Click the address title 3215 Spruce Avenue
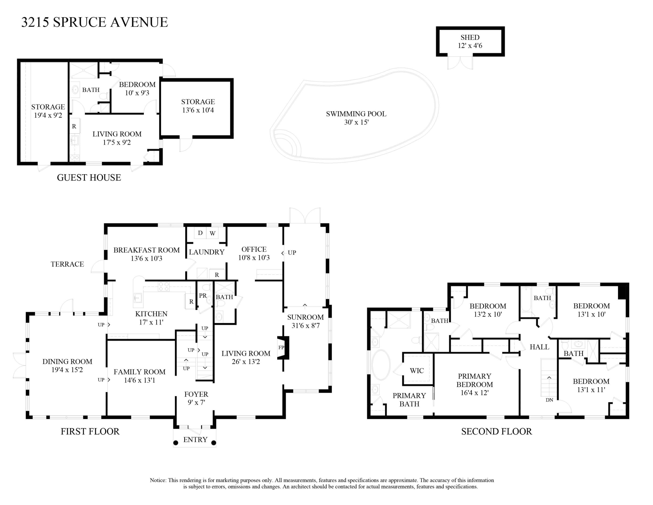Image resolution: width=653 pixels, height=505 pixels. coord(94,22)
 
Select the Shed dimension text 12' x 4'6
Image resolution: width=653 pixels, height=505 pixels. coord(470,46)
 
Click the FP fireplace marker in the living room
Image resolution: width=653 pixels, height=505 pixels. coord(281,347)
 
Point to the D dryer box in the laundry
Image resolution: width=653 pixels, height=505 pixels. coord(200,233)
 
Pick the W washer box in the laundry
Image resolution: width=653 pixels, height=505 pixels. coord(213,233)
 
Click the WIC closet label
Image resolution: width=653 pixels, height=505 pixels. coord(417,371)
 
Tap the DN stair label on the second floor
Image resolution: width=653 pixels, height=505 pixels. coord(549,400)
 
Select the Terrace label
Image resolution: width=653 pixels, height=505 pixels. coord(67,264)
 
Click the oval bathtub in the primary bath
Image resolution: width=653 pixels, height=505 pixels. coord(381,365)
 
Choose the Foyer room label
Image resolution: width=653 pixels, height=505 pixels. coord(196,394)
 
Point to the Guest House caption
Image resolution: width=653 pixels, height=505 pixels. coord(89,177)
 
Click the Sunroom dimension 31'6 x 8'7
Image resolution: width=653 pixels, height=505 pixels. coord(306,325)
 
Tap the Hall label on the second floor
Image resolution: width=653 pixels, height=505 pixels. coord(539,347)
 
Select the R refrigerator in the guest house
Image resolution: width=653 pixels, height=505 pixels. coord(74,126)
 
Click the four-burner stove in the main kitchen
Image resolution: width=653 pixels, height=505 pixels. coord(164,287)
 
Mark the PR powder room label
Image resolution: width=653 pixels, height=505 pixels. coord(203,296)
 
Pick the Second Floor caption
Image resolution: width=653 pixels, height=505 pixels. coord(496,431)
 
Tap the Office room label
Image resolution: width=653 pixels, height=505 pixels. coord(254,249)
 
